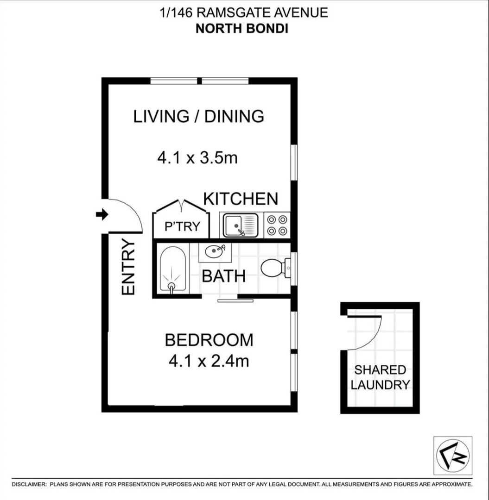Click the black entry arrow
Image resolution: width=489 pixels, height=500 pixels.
coord(102,214)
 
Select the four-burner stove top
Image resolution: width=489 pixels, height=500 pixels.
coord(277,225)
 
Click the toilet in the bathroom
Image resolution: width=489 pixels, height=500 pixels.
coord(274,268)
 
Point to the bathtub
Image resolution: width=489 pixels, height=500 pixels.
coord(172,270)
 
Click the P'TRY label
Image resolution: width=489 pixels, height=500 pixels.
coord(182,226)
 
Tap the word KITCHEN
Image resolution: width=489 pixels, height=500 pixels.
coord(241,199)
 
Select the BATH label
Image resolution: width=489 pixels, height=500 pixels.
coord(223,276)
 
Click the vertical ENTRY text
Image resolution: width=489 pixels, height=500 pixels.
coord(128,267)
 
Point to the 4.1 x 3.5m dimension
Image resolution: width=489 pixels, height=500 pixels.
coord(197,158)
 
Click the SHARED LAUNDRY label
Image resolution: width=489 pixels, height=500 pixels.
coord(380,377)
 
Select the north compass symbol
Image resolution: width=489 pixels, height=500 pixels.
coord(452,455)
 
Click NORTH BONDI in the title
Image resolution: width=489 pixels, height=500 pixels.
coord(242,28)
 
